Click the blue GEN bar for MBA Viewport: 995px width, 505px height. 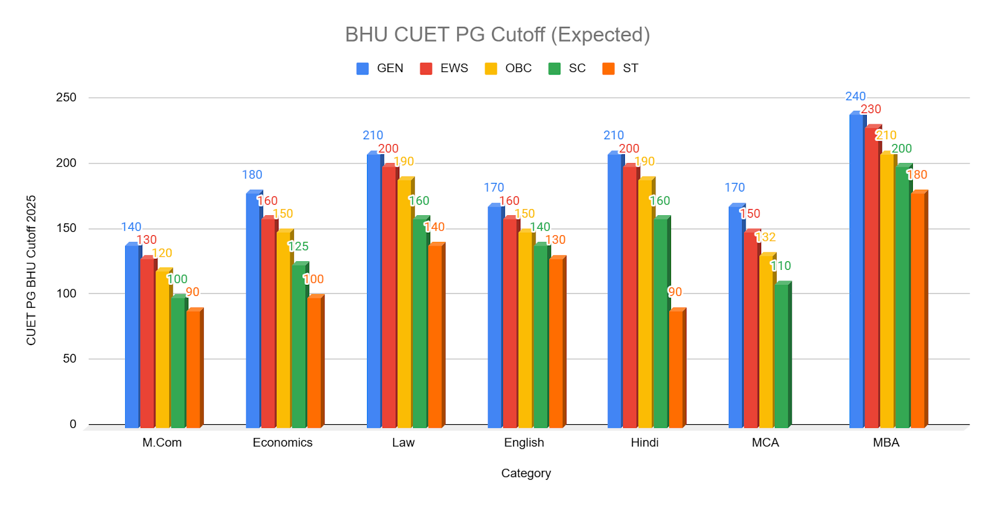pyautogui.click(x=856, y=271)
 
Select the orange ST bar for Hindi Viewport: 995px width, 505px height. pyautogui.click(x=676, y=368)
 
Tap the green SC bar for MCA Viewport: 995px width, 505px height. pyautogui.click(x=782, y=356)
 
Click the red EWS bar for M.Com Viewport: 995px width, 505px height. pyautogui.click(x=147, y=343)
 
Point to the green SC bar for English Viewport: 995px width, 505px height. pyautogui.click(x=540, y=336)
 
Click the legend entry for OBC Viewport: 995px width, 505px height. pyautogui.click(x=509, y=68)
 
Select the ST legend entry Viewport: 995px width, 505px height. pyautogui.click(x=621, y=68)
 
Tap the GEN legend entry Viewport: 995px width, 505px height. pyautogui.click(x=380, y=68)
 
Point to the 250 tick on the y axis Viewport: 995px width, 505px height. pyautogui.click(x=66, y=98)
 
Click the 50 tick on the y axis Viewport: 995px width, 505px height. pyautogui.click(x=69, y=359)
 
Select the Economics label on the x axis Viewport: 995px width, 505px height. pyautogui.click(x=282, y=443)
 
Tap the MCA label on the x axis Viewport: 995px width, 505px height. pyautogui.click(x=765, y=443)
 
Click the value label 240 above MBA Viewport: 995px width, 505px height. pyautogui.click(x=855, y=96)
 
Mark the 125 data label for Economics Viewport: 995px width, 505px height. pyautogui.click(x=298, y=246)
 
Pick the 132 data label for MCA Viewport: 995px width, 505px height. pyautogui.click(x=765, y=237)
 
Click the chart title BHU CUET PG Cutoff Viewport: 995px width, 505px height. pyautogui.click(x=497, y=35)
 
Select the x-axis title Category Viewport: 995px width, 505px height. pyautogui.click(x=526, y=473)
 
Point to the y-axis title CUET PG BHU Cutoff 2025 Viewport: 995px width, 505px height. pyautogui.click(x=31, y=270)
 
